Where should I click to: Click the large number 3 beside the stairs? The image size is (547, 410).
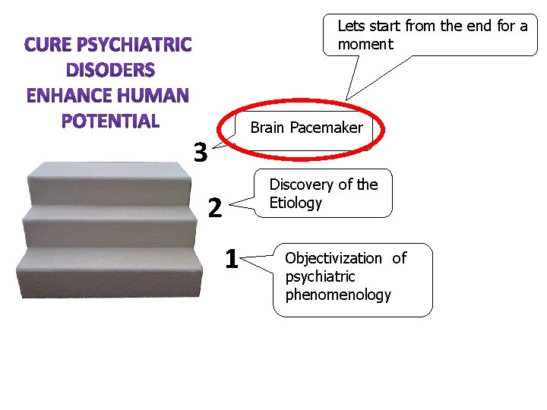[200, 153]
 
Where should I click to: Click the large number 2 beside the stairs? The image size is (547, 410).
[215, 207]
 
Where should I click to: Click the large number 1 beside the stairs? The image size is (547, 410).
[232, 259]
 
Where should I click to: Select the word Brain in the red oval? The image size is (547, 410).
[267, 128]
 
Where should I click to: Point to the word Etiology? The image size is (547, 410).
[296, 203]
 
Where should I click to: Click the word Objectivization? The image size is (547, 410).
[334, 258]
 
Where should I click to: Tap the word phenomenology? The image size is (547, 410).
[338, 295]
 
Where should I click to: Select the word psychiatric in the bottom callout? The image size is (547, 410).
[320, 276]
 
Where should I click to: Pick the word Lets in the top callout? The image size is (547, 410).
[350, 26]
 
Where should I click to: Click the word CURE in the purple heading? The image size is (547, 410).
[50, 46]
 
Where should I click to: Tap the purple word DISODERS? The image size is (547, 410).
[110, 71]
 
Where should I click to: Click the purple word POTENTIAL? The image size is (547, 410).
[110, 121]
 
